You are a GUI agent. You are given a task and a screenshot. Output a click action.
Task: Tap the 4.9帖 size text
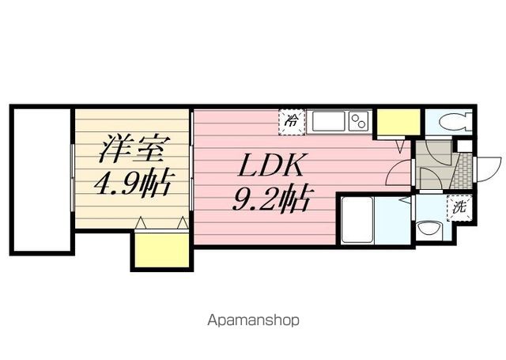point(132,183)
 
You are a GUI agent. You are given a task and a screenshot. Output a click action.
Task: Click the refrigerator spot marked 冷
point(292,121)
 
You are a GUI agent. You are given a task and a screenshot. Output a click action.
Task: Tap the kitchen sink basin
point(329,122)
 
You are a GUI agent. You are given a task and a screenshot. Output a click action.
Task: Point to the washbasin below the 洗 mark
point(432,230)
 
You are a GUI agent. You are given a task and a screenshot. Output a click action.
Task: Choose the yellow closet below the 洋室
point(161,250)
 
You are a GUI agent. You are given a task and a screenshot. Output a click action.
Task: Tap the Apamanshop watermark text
point(253,321)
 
